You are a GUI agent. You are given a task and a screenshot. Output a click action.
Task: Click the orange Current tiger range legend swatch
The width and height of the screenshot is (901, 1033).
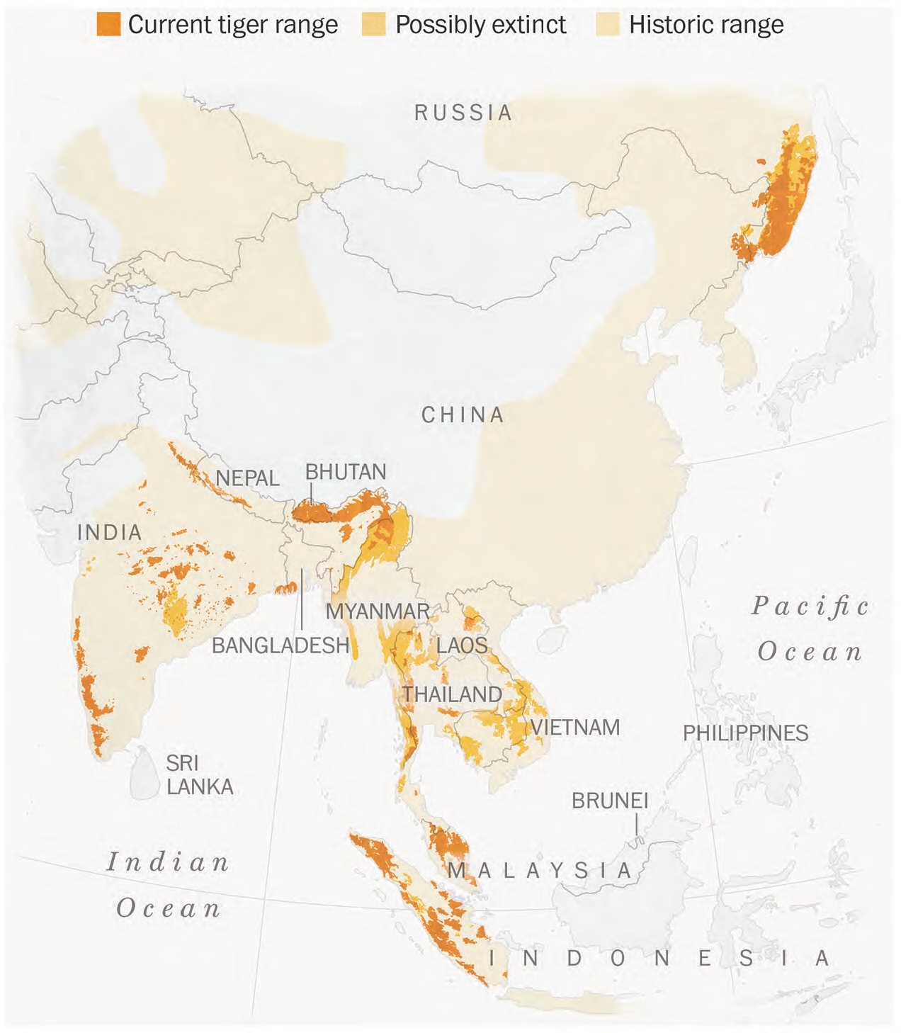click(x=108, y=25)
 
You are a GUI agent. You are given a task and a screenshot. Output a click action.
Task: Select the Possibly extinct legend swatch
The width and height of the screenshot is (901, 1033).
click(x=373, y=25)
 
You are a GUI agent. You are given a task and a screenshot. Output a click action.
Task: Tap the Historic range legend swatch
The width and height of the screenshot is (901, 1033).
click(x=608, y=25)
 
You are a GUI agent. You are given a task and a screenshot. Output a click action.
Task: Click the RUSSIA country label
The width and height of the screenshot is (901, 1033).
click(x=463, y=113)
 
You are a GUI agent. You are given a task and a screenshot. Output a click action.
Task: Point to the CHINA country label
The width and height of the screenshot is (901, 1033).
click(x=463, y=414)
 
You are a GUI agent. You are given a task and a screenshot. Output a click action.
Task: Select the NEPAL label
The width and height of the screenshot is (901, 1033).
click(x=247, y=478)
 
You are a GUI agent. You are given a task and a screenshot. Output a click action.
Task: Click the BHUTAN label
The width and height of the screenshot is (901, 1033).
click(x=346, y=472)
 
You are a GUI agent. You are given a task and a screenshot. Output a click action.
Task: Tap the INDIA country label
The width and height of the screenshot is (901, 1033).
click(x=110, y=532)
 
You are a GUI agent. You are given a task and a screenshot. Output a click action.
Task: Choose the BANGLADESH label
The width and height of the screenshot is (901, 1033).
click(x=280, y=645)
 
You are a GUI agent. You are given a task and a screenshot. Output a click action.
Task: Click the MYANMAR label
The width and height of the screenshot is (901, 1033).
click(x=378, y=611)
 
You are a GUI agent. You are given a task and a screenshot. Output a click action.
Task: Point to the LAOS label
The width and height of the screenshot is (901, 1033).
click(x=462, y=645)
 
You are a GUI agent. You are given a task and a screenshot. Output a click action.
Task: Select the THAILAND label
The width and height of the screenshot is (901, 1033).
click(x=453, y=694)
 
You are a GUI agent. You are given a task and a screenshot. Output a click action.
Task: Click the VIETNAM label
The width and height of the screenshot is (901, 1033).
click(x=575, y=728)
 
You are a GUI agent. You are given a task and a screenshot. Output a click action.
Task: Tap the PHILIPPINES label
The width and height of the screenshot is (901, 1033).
click(x=745, y=733)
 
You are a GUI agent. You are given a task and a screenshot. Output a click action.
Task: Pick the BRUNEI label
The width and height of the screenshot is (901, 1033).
click(x=610, y=801)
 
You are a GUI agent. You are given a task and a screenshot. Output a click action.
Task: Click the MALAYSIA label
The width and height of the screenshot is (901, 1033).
click(x=540, y=870)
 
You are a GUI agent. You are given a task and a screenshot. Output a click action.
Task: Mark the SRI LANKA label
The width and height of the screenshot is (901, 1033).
click(x=199, y=775)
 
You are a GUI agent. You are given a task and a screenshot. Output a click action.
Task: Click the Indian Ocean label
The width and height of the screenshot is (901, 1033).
click(x=169, y=886)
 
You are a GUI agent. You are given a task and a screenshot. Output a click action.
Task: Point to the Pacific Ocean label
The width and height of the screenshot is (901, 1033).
click(x=810, y=629)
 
